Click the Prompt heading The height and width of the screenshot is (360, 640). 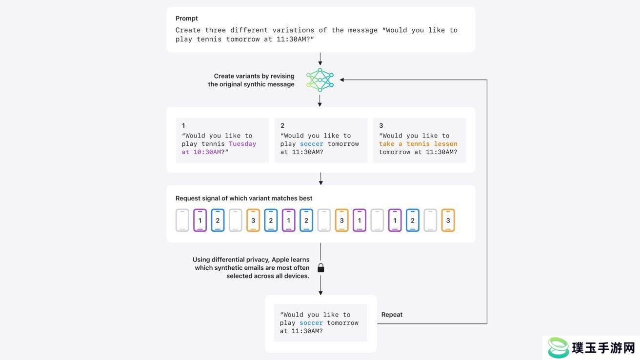[186, 18]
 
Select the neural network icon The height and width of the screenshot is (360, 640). [320, 80]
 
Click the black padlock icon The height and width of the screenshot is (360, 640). [321, 268]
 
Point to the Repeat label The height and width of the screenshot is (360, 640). [392, 315]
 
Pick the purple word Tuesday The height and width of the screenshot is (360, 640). [242, 144]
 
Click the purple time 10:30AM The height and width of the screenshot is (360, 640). [207, 152]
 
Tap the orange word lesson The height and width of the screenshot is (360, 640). [445, 144]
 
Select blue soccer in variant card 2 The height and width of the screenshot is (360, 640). [311, 144]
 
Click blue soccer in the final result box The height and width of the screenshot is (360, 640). [311, 323]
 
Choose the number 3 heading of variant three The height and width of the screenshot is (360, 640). [381, 125]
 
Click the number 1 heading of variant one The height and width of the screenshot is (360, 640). [183, 125]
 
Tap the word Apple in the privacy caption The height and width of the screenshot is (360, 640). [280, 260]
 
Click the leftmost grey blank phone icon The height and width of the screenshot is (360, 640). [182, 220]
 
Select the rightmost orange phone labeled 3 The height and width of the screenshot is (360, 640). [448, 220]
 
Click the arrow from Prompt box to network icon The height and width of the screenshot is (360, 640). [320, 59]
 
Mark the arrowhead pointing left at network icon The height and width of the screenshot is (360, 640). [342, 80]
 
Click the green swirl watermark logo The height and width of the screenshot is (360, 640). [558, 347]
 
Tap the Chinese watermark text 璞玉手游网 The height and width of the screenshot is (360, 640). [603, 348]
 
